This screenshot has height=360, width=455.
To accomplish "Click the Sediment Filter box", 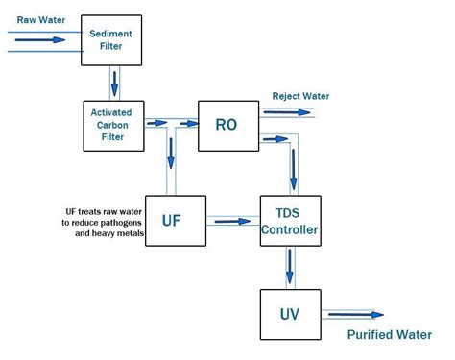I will pyautogui.click(x=111, y=39).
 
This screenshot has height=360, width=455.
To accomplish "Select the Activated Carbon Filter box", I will pyautogui.click(x=111, y=124).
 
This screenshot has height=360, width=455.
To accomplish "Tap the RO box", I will pyautogui.click(x=228, y=124).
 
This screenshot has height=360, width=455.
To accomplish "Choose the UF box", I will pyautogui.click(x=171, y=220).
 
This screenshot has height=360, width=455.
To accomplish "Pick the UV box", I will pyautogui.click(x=289, y=313).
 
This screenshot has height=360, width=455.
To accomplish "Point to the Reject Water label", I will pyautogui.click(x=300, y=97).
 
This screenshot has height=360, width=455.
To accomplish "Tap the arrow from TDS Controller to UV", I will pyautogui.click(x=290, y=268).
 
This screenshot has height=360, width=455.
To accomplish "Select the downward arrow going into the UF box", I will pyautogui.click(x=170, y=154).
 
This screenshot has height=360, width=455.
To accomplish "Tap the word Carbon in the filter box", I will pyautogui.click(x=111, y=124).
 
